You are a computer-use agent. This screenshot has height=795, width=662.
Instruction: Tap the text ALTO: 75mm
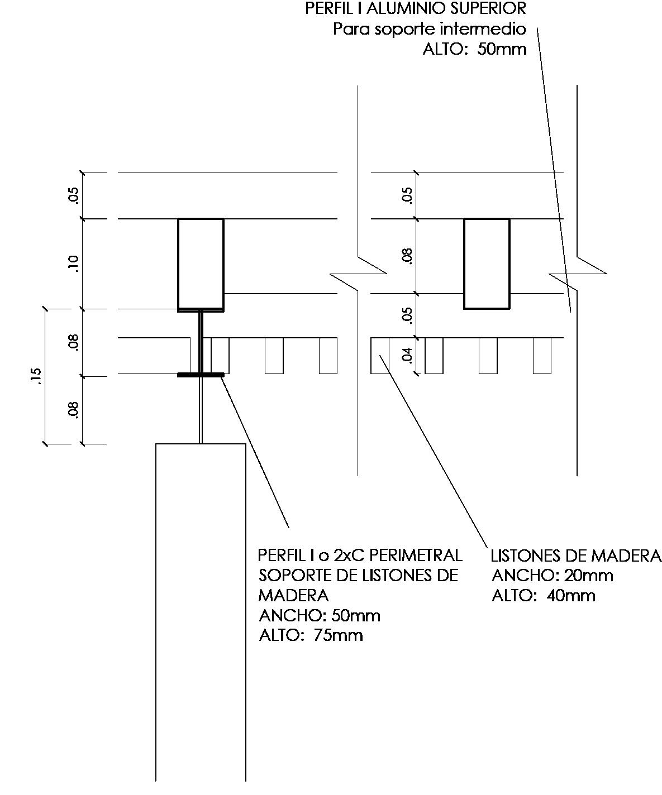[x=311, y=635]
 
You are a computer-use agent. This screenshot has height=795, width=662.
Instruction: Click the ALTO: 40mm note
[x=543, y=596]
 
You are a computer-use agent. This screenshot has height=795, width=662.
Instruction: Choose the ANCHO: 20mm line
[x=552, y=576]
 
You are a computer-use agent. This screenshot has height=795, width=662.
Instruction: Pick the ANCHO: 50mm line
[x=320, y=616]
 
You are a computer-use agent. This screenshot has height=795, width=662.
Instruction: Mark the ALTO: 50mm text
[x=474, y=49]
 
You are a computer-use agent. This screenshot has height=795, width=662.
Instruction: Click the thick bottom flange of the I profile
[x=201, y=375]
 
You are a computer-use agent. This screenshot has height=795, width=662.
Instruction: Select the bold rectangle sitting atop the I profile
[x=201, y=265]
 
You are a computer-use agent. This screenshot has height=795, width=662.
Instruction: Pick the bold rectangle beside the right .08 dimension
[x=487, y=264]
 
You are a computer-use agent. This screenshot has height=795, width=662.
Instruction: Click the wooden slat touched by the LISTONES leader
[x=380, y=356]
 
